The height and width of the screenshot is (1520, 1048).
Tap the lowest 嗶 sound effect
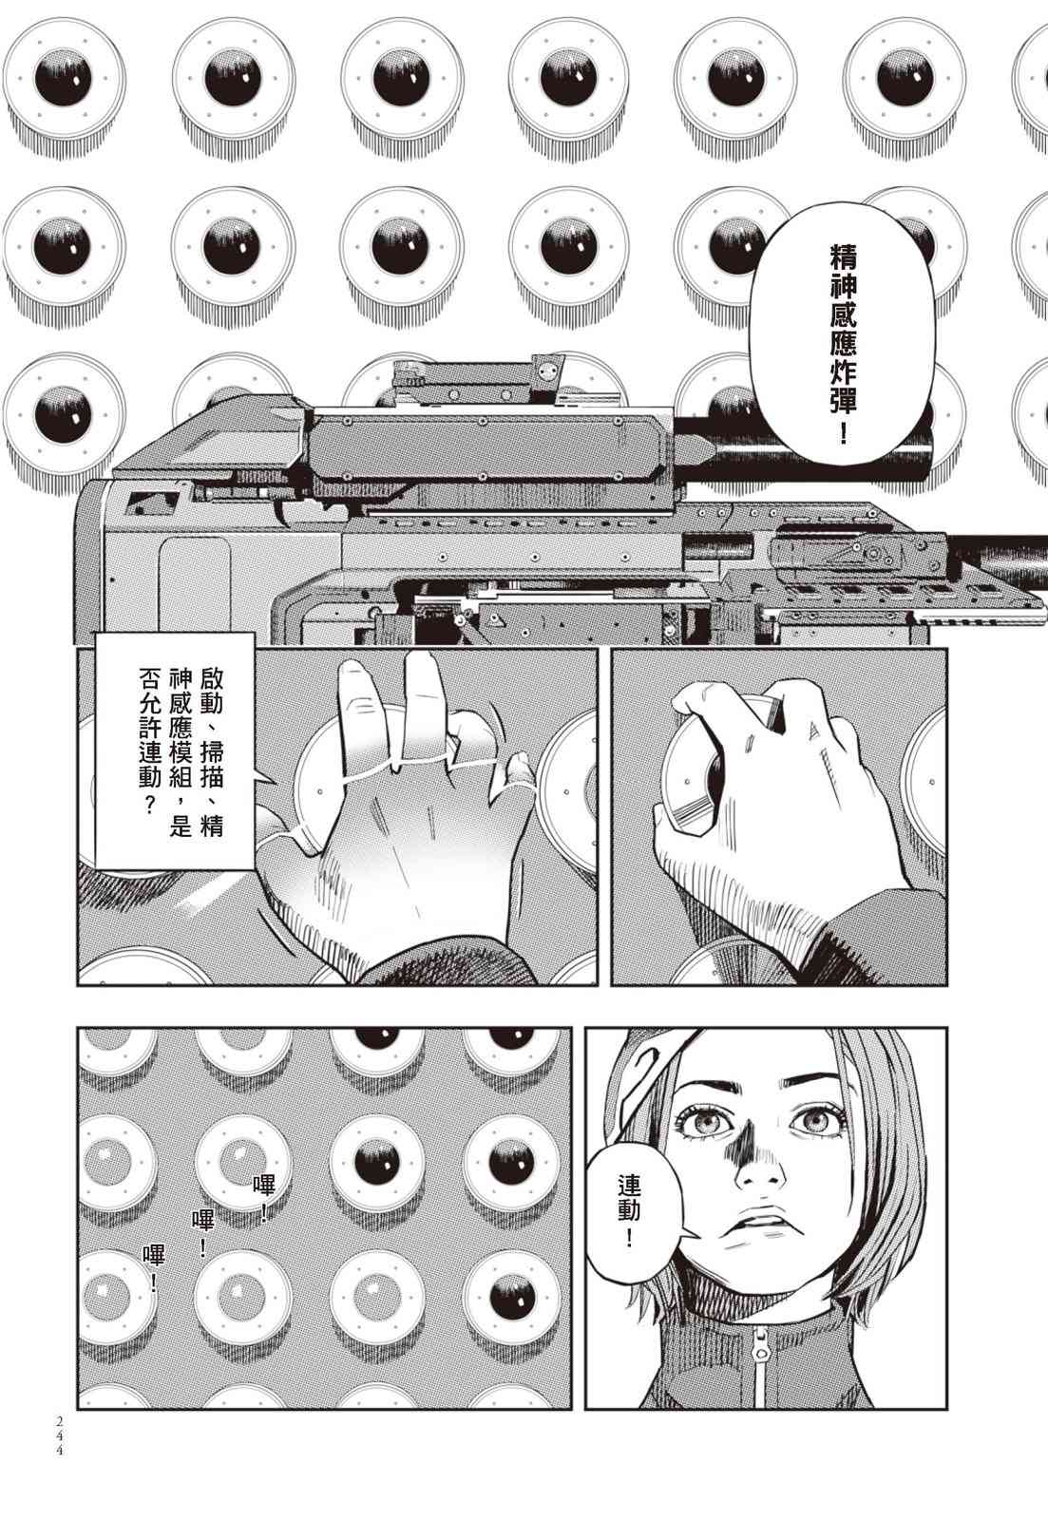point(153,1269)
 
